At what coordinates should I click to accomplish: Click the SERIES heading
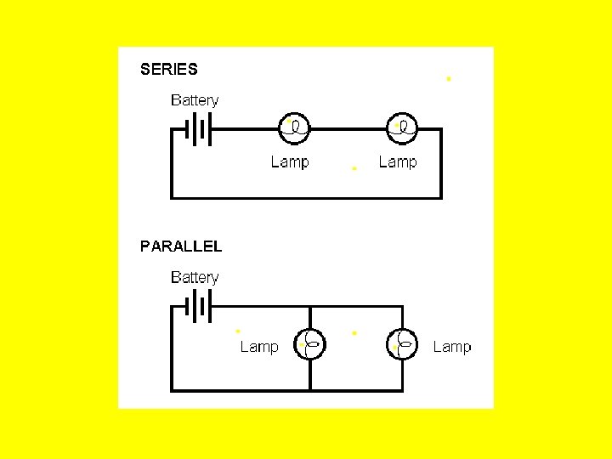click(168, 70)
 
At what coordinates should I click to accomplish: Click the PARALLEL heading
click(181, 246)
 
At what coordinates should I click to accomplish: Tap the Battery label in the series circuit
click(195, 100)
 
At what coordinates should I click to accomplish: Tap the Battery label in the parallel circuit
click(195, 278)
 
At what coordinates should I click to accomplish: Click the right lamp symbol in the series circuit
click(402, 128)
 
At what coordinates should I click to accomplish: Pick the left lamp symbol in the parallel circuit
click(309, 345)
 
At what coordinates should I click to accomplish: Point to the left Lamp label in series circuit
click(290, 161)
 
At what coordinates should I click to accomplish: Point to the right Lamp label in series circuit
click(398, 161)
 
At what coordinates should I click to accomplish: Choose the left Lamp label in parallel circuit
click(259, 347)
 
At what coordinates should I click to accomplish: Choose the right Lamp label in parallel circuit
click(452, 347)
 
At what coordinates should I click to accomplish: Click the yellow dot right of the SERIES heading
click(449, 79)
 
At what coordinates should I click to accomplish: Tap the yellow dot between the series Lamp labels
click(354, 168)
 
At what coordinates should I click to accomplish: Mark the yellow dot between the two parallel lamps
click(354, 331)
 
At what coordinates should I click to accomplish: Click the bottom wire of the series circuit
click(306, 197)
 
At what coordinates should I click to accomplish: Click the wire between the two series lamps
click(348, 129)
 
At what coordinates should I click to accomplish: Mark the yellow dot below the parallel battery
click(238, 330)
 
